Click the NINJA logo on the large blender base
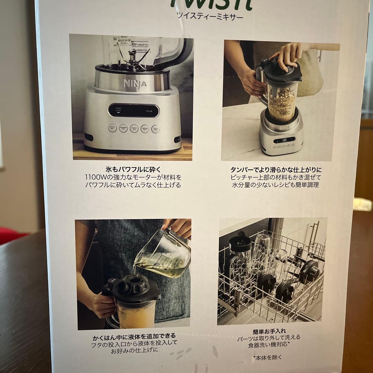(x=135, y=83)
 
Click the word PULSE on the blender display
(x=149, y=111)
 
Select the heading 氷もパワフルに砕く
(x=133, y=170)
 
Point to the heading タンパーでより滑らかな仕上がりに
(x=276, y=170)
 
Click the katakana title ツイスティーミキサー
(x=210, y=16)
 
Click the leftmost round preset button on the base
(x=112, y=128)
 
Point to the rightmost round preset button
(x=156, y=129)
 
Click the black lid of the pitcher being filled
(x=131, y=288)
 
